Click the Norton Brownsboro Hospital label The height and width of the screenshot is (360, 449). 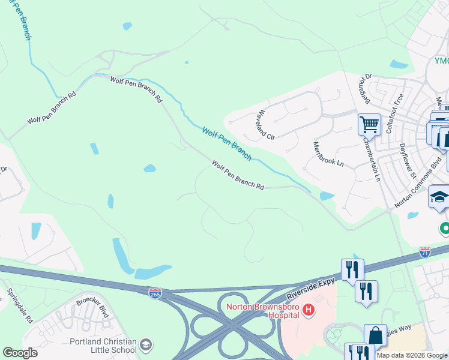click(262, 311)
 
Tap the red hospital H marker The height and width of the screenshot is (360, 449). click(309, 310)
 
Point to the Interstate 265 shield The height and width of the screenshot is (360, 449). click(155, 292)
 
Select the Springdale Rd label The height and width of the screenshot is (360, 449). click(20, 306)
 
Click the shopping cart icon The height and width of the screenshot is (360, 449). click(369, 125)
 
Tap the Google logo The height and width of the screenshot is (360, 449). click(20, 353)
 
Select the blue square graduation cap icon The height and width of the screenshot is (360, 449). click(439, 197)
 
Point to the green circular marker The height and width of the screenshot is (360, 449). click(445, 228)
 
